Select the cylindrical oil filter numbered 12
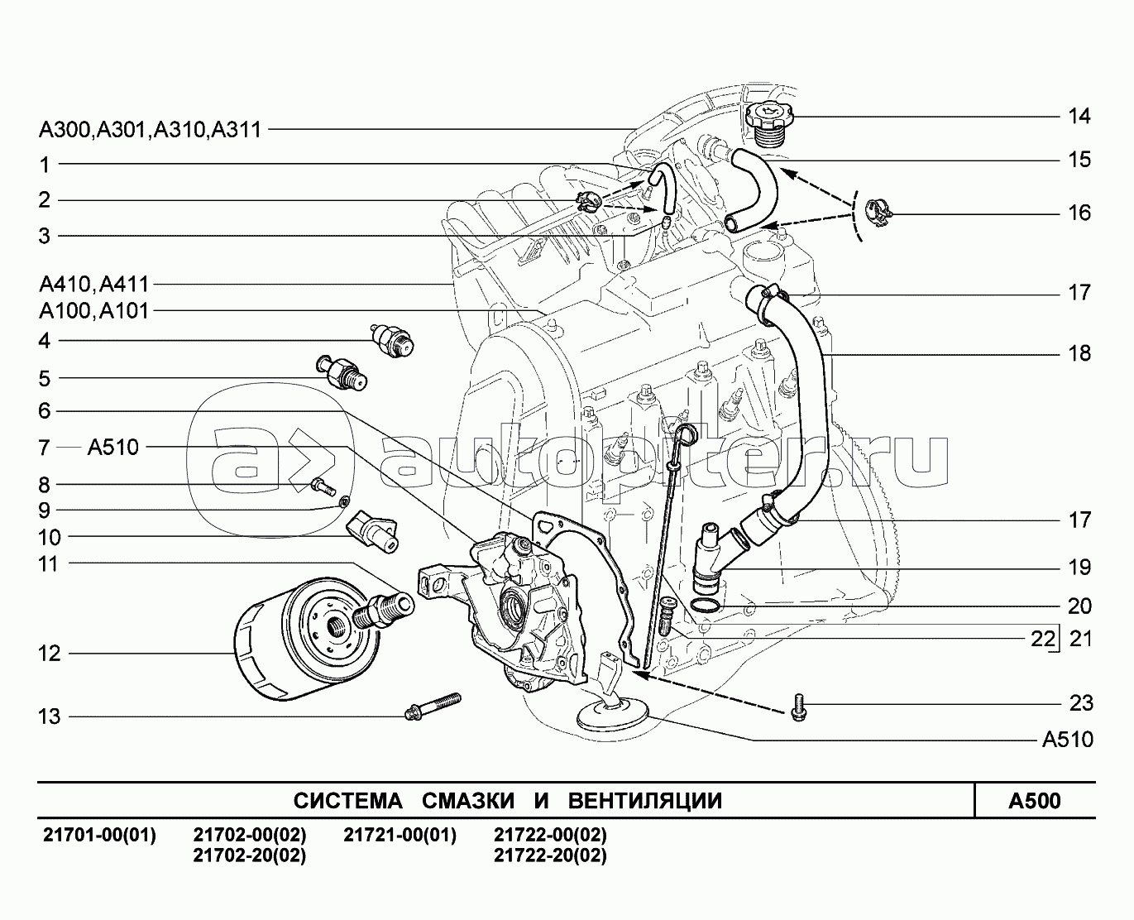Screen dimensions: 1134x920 307,639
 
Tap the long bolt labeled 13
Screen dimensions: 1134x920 433,707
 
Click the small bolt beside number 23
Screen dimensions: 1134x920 798,707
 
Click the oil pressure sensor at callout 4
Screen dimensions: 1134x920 392,341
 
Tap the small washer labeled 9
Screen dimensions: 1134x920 344,501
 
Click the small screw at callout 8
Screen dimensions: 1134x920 320,485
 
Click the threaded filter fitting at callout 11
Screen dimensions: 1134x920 383,610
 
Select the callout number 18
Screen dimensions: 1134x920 1079,353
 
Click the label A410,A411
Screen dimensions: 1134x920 94,285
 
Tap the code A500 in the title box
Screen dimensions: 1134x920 1035,801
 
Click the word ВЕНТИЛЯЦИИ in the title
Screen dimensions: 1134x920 645,801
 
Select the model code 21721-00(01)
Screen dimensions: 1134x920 400,836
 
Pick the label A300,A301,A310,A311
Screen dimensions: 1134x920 151,130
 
